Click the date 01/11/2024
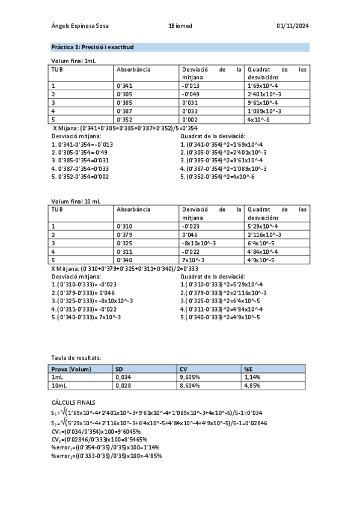(293, 26)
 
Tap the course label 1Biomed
(180, 26)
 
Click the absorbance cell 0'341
(124, 86)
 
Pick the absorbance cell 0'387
(124, 111)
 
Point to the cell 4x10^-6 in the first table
(259, 120)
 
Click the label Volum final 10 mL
(76, 201)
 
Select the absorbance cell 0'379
(124, 234)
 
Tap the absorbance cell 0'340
(124, 259)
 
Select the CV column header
(183, 368)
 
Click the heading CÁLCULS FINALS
(73, 402)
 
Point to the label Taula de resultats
(76, 357)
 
